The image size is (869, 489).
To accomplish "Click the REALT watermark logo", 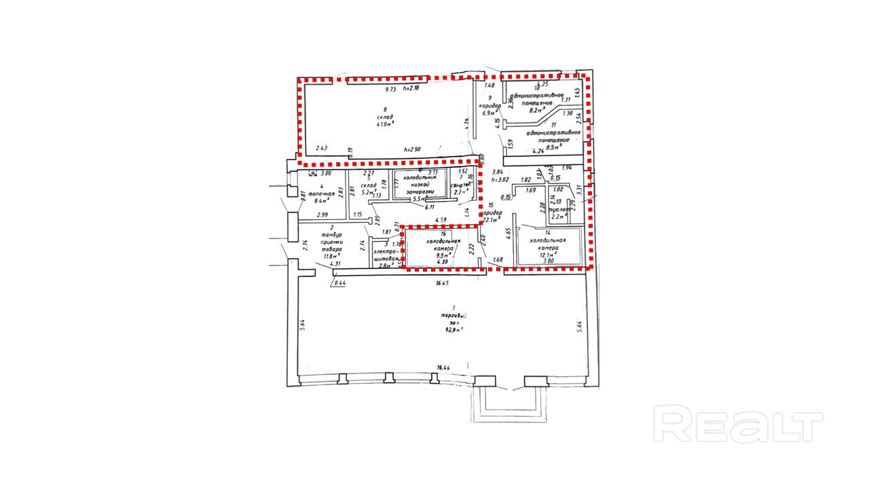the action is pyautogui.click(x=738, y=424).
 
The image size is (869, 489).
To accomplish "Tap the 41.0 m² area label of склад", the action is pyautogui.click(x=386, y=124).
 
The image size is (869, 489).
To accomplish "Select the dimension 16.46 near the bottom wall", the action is pyautogui.click(x=443, y=367).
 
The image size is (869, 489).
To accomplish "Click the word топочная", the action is pyautogui.click(x=323, y=193).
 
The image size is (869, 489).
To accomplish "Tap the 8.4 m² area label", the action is pyautogui.click(x=323, y=201).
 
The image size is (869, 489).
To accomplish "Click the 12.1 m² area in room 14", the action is pyautogui.click(x=548, y=255).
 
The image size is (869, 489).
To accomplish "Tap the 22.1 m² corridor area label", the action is pyautogui.click(x=492, y=219).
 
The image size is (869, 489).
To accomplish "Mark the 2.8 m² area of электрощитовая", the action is pyautogui.click(x=385, y=266).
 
